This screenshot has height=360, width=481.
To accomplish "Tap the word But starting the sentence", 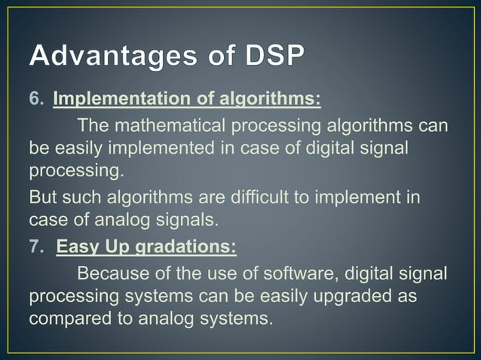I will point(43,197).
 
